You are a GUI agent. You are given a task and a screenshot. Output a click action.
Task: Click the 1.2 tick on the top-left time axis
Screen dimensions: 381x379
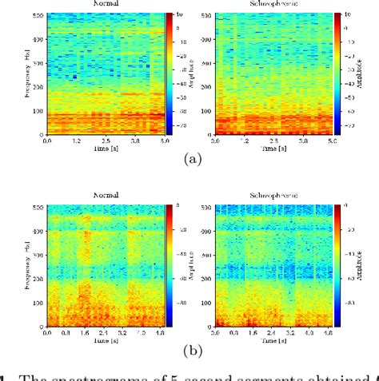[77, 141]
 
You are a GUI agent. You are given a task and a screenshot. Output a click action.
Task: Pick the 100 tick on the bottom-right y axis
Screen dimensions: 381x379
[207, 302]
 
